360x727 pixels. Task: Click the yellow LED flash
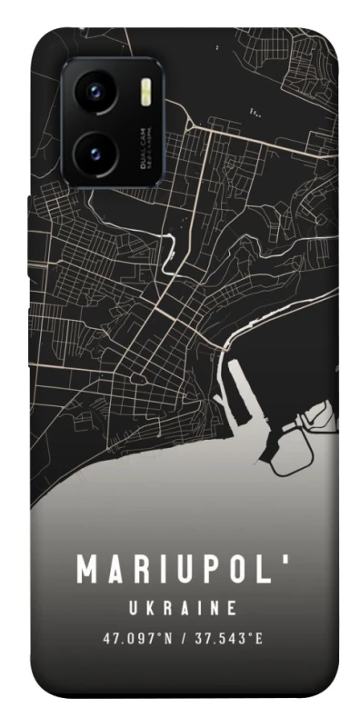click(x=145, y=92)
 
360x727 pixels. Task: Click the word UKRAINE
click(x=180, y=607)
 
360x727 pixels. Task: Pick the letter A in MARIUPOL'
click(x=117, y=571)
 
